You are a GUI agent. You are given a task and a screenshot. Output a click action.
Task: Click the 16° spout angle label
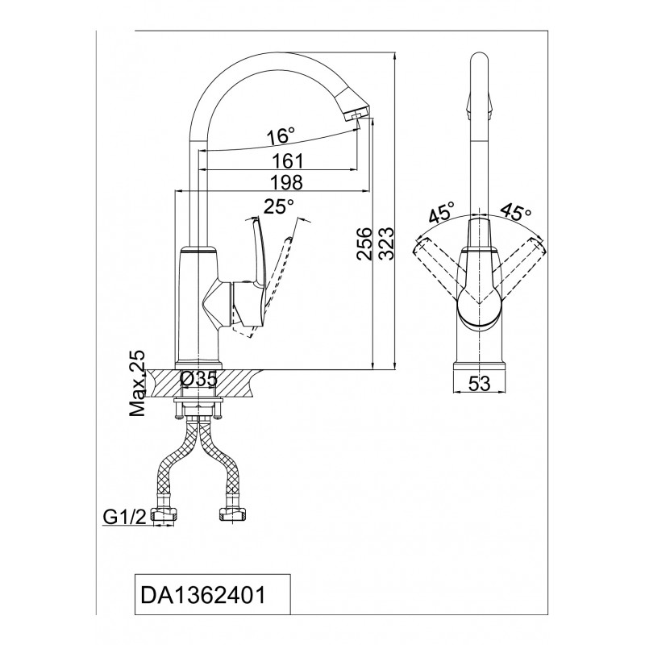(x=281, y=135)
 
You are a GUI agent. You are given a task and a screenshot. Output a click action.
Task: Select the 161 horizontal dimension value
(x=288, y=160)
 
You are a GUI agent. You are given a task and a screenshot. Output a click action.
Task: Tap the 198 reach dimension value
(x=287, y=182)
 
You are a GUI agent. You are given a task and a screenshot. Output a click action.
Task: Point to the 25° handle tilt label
(x=279, y=206)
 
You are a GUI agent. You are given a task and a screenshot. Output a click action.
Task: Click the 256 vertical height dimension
(x=364, y=243)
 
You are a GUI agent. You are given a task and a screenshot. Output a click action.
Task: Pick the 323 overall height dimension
(x=386, y=243)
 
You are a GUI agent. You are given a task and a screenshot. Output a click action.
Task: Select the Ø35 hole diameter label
(x=198, y=379)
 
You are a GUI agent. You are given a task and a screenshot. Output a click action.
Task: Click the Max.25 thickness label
(x=137, y=383)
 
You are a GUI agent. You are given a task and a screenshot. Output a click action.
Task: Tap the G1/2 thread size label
(x=124, y=518)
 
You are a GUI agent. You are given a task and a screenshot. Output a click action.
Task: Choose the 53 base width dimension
(x=480, y=384)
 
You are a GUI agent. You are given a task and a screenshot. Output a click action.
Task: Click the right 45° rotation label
(x=516, y=212)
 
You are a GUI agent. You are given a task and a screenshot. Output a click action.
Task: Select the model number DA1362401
(x=203, y=595)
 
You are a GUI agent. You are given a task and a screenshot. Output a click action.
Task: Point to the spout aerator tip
(x=354, y=117)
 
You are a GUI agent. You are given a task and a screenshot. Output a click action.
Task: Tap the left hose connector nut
(x=164, y=515)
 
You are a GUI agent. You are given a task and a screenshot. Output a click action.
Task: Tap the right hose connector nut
(x=232, y=514)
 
